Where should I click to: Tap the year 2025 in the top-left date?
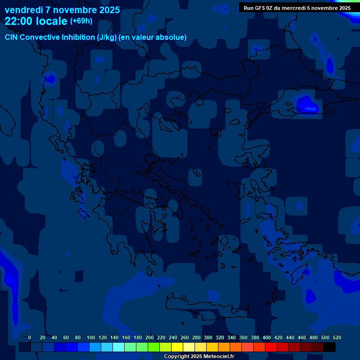click(107, 10)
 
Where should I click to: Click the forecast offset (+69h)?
click(81, 21)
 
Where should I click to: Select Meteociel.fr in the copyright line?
click(218, 357)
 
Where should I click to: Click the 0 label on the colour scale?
click(30, 337)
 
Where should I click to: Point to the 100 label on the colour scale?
click(91, 337)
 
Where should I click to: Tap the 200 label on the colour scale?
click(150, 337)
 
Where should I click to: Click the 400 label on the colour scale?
click(267, 337)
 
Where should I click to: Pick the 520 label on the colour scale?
click(337, 337)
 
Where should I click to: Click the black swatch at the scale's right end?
click(330, 347)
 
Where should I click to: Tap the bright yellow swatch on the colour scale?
click(177, 347)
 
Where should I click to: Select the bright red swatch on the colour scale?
click(271, 347)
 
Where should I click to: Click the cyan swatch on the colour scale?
click(119, 347)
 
